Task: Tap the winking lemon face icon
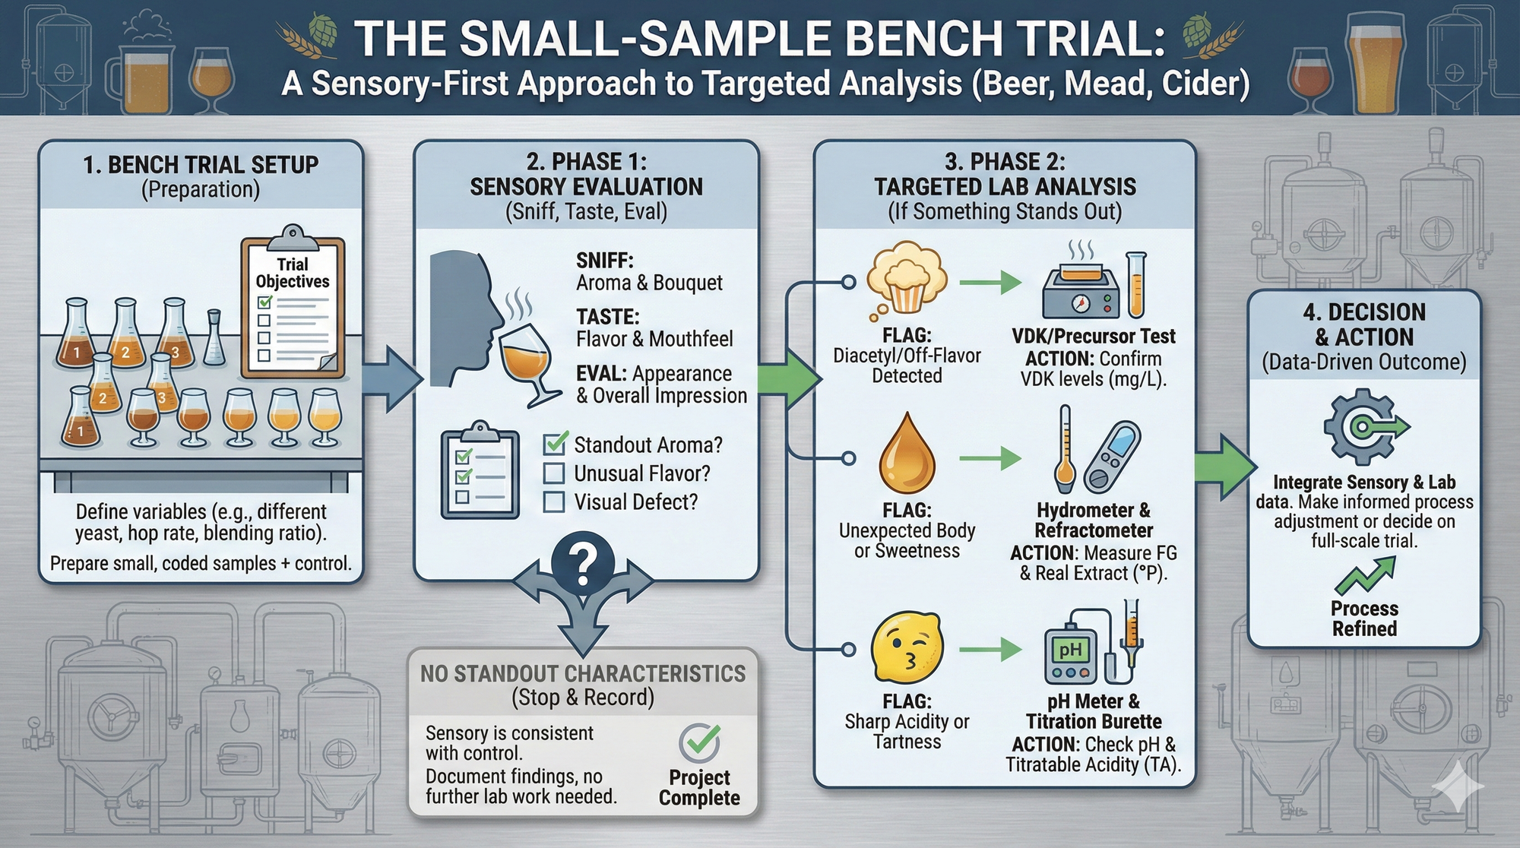pyautogui.click(x=907, y=648)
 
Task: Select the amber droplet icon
pyautogui.click(x=907, y=456)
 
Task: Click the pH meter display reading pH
pyautogui.click(x=1070, y=650)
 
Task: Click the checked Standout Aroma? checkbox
pyautogui.click(x=555, y=444)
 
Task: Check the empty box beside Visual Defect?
pyautogui.click(x=554, y=502)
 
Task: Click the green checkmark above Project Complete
pyautogui.click(x=700, y=742)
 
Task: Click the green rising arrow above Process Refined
pyautogui.click(x=1366, y=576)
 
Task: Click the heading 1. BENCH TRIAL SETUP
pyautogui.click(x=201, y=164)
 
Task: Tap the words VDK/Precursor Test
pyautogui.click(x=1093, y=337)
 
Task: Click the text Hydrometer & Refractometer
pyautogui.click(x=1093, y=521)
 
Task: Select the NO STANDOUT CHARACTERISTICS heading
pyautogui.click(x=583, y=674)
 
